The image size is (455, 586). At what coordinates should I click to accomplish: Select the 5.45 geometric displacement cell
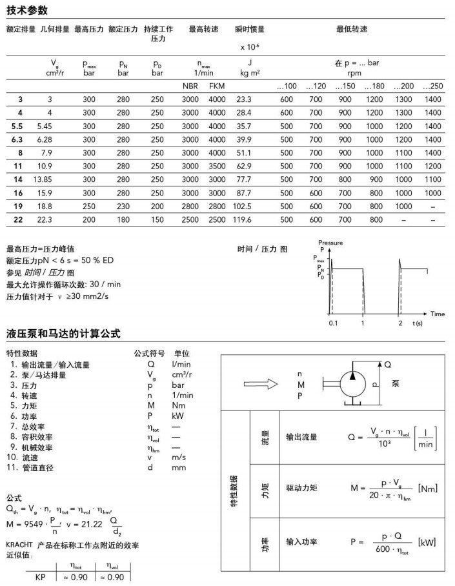pyautogui.click(x=54, y=126)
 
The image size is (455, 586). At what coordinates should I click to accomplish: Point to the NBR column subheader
pyautogui.click(x=191, y=86)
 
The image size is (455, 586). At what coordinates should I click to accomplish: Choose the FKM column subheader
pyautogui.click(x=217, y=86)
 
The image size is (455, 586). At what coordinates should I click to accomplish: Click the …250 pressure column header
pyautogui.click(x=432, y=86)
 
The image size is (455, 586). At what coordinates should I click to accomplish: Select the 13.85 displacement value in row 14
pyautogui.click(x=54, y=180)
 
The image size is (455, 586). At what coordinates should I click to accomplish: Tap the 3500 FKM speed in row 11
pyautogui.click(x=217, y=167)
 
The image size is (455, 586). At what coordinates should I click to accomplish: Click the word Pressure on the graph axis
pyautogui.click(x=330, y=243)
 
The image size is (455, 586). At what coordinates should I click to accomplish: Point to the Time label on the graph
pyautogui.click(x=438, y=314)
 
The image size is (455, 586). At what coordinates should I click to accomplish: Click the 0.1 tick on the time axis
pyautogui.click(x=334, y=323)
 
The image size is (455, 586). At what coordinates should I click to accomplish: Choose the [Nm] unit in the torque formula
pyautogui.click(x=429, y=489)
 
